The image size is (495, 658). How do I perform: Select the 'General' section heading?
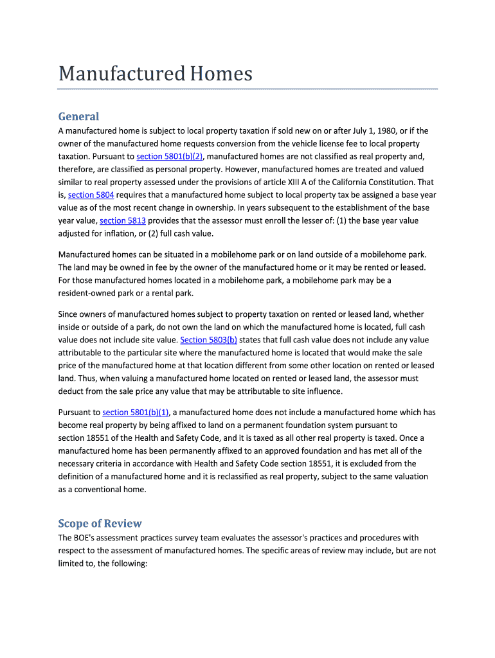pyautogui.click(x=78, y=116)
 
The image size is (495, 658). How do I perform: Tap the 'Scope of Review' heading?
pyautogui.click(x=100, y=523)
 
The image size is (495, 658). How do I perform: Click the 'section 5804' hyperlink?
pyautogui.click(x=91, y=195)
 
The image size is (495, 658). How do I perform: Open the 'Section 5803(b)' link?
pyautogui.click(x=208, y=340)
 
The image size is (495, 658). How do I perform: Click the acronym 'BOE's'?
pyautogui.click(x=86, y=538)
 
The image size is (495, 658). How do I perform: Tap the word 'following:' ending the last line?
pyautogui.click(x=129, y=564)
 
